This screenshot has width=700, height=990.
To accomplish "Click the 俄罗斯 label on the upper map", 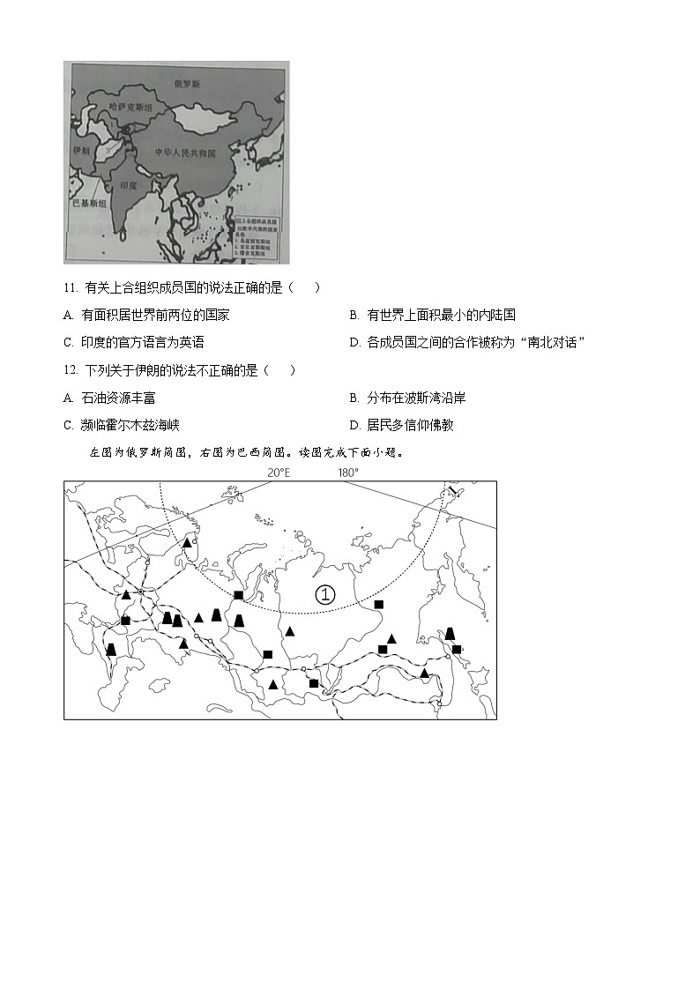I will [187, 84].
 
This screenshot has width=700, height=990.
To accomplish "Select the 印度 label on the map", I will [129, 186].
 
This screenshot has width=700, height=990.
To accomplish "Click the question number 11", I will [71, 287].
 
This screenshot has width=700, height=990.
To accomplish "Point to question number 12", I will [71, 370].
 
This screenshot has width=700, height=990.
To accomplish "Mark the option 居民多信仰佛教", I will [401, 425].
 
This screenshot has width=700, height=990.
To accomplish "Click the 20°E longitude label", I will [279, 473].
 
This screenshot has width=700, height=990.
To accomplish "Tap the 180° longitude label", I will [347, 473].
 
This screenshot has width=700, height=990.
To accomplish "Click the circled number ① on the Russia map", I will [325, 594].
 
